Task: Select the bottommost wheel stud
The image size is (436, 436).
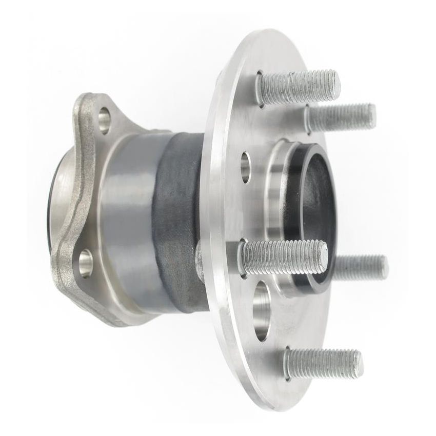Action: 323,363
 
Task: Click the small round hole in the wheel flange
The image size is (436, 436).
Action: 246,166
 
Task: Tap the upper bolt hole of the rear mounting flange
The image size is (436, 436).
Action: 105,120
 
